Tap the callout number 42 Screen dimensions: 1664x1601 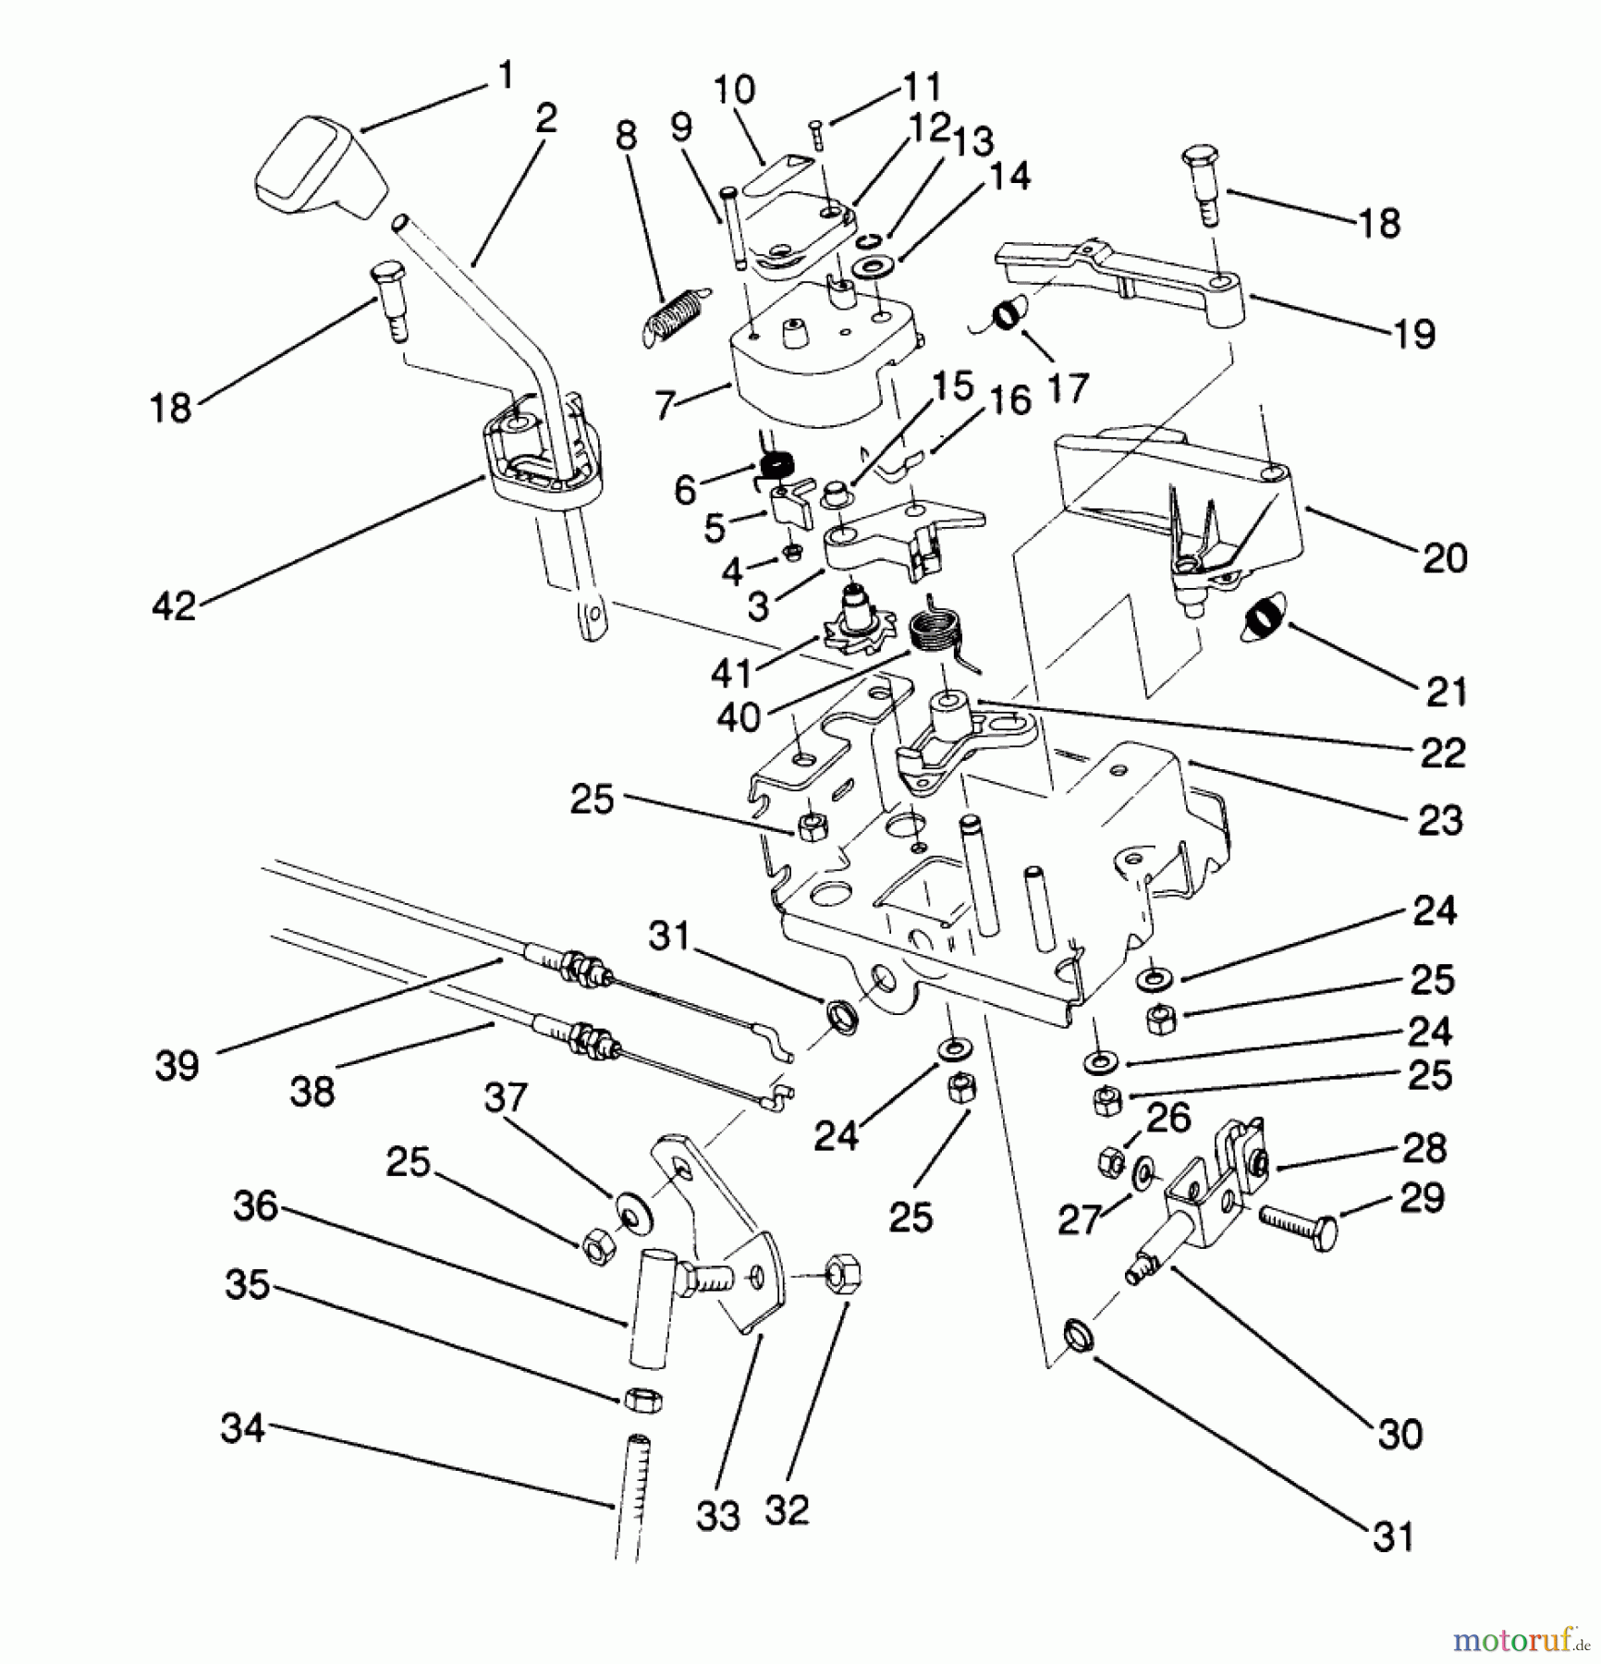[175, 606]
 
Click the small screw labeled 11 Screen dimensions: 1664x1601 [816, 135]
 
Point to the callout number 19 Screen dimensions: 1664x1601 [1414, 334]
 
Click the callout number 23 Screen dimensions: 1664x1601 [1440, 820]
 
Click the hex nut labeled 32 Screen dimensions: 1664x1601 [840, 1273]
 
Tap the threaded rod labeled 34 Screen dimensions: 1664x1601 [631, 1497]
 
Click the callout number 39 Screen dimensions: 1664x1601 [177, 1066]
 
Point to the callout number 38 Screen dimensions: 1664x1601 [312, 1092]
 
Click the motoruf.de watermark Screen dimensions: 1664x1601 [1520, 1640]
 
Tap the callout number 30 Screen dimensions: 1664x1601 [1399, 1434]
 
